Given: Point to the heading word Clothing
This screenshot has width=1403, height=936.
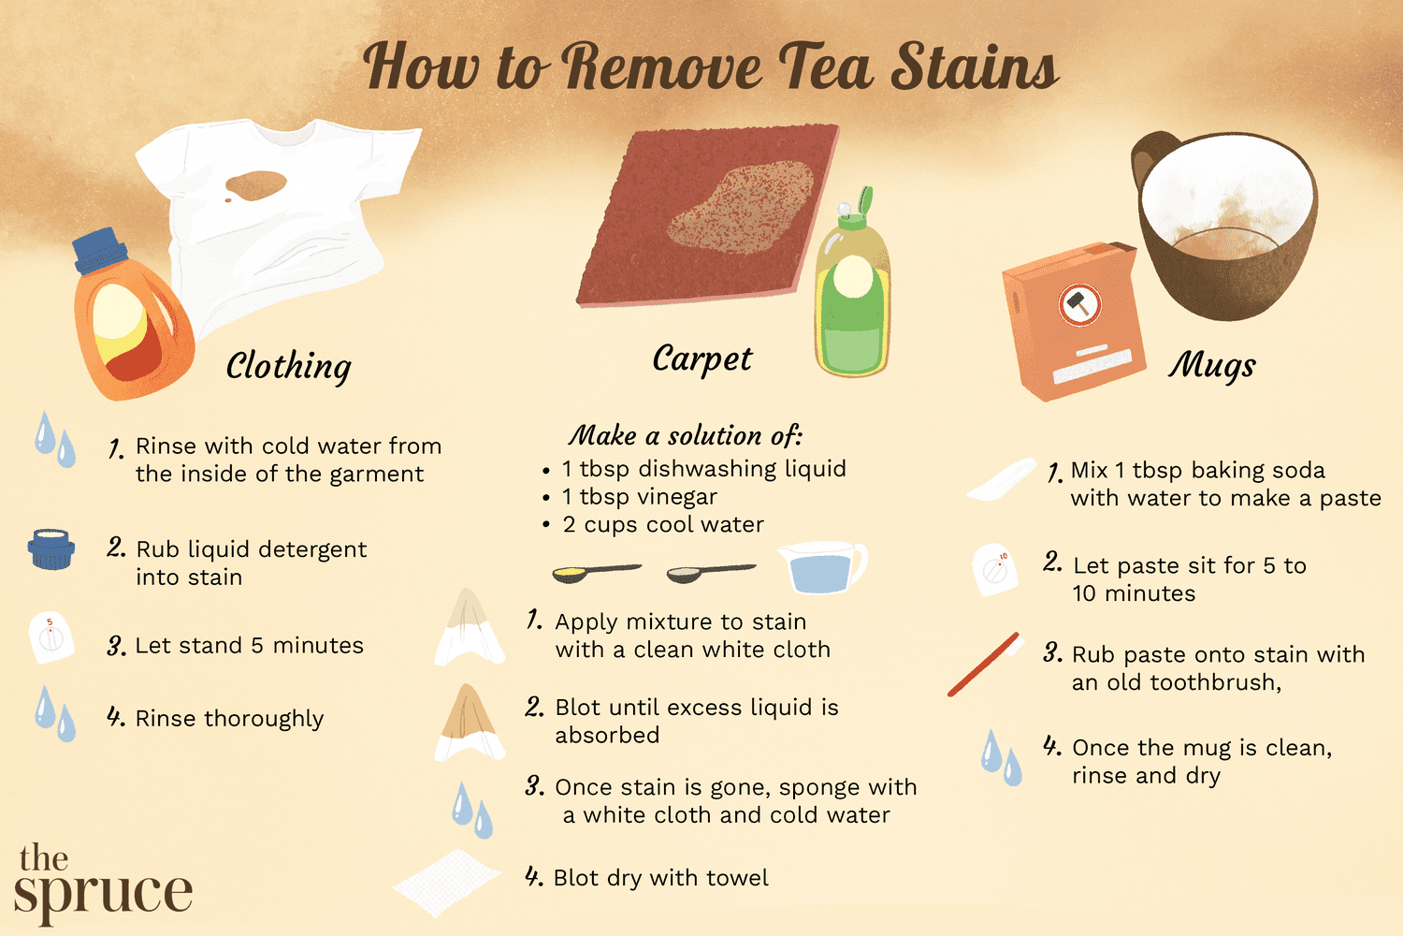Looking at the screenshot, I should tap(288, 366).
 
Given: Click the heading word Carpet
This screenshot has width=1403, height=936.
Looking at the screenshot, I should tap(701, 358).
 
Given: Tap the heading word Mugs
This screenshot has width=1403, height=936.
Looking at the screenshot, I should tap(1211, 364).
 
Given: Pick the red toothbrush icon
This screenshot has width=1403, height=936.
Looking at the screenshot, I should tap(983, 665).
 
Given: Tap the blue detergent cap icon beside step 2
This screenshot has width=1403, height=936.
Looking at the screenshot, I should tap(51, 548).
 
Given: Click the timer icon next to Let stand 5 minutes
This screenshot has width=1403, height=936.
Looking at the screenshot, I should tap(51, 638).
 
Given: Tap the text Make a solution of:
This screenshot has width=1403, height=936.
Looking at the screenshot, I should tap(686, 435).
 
